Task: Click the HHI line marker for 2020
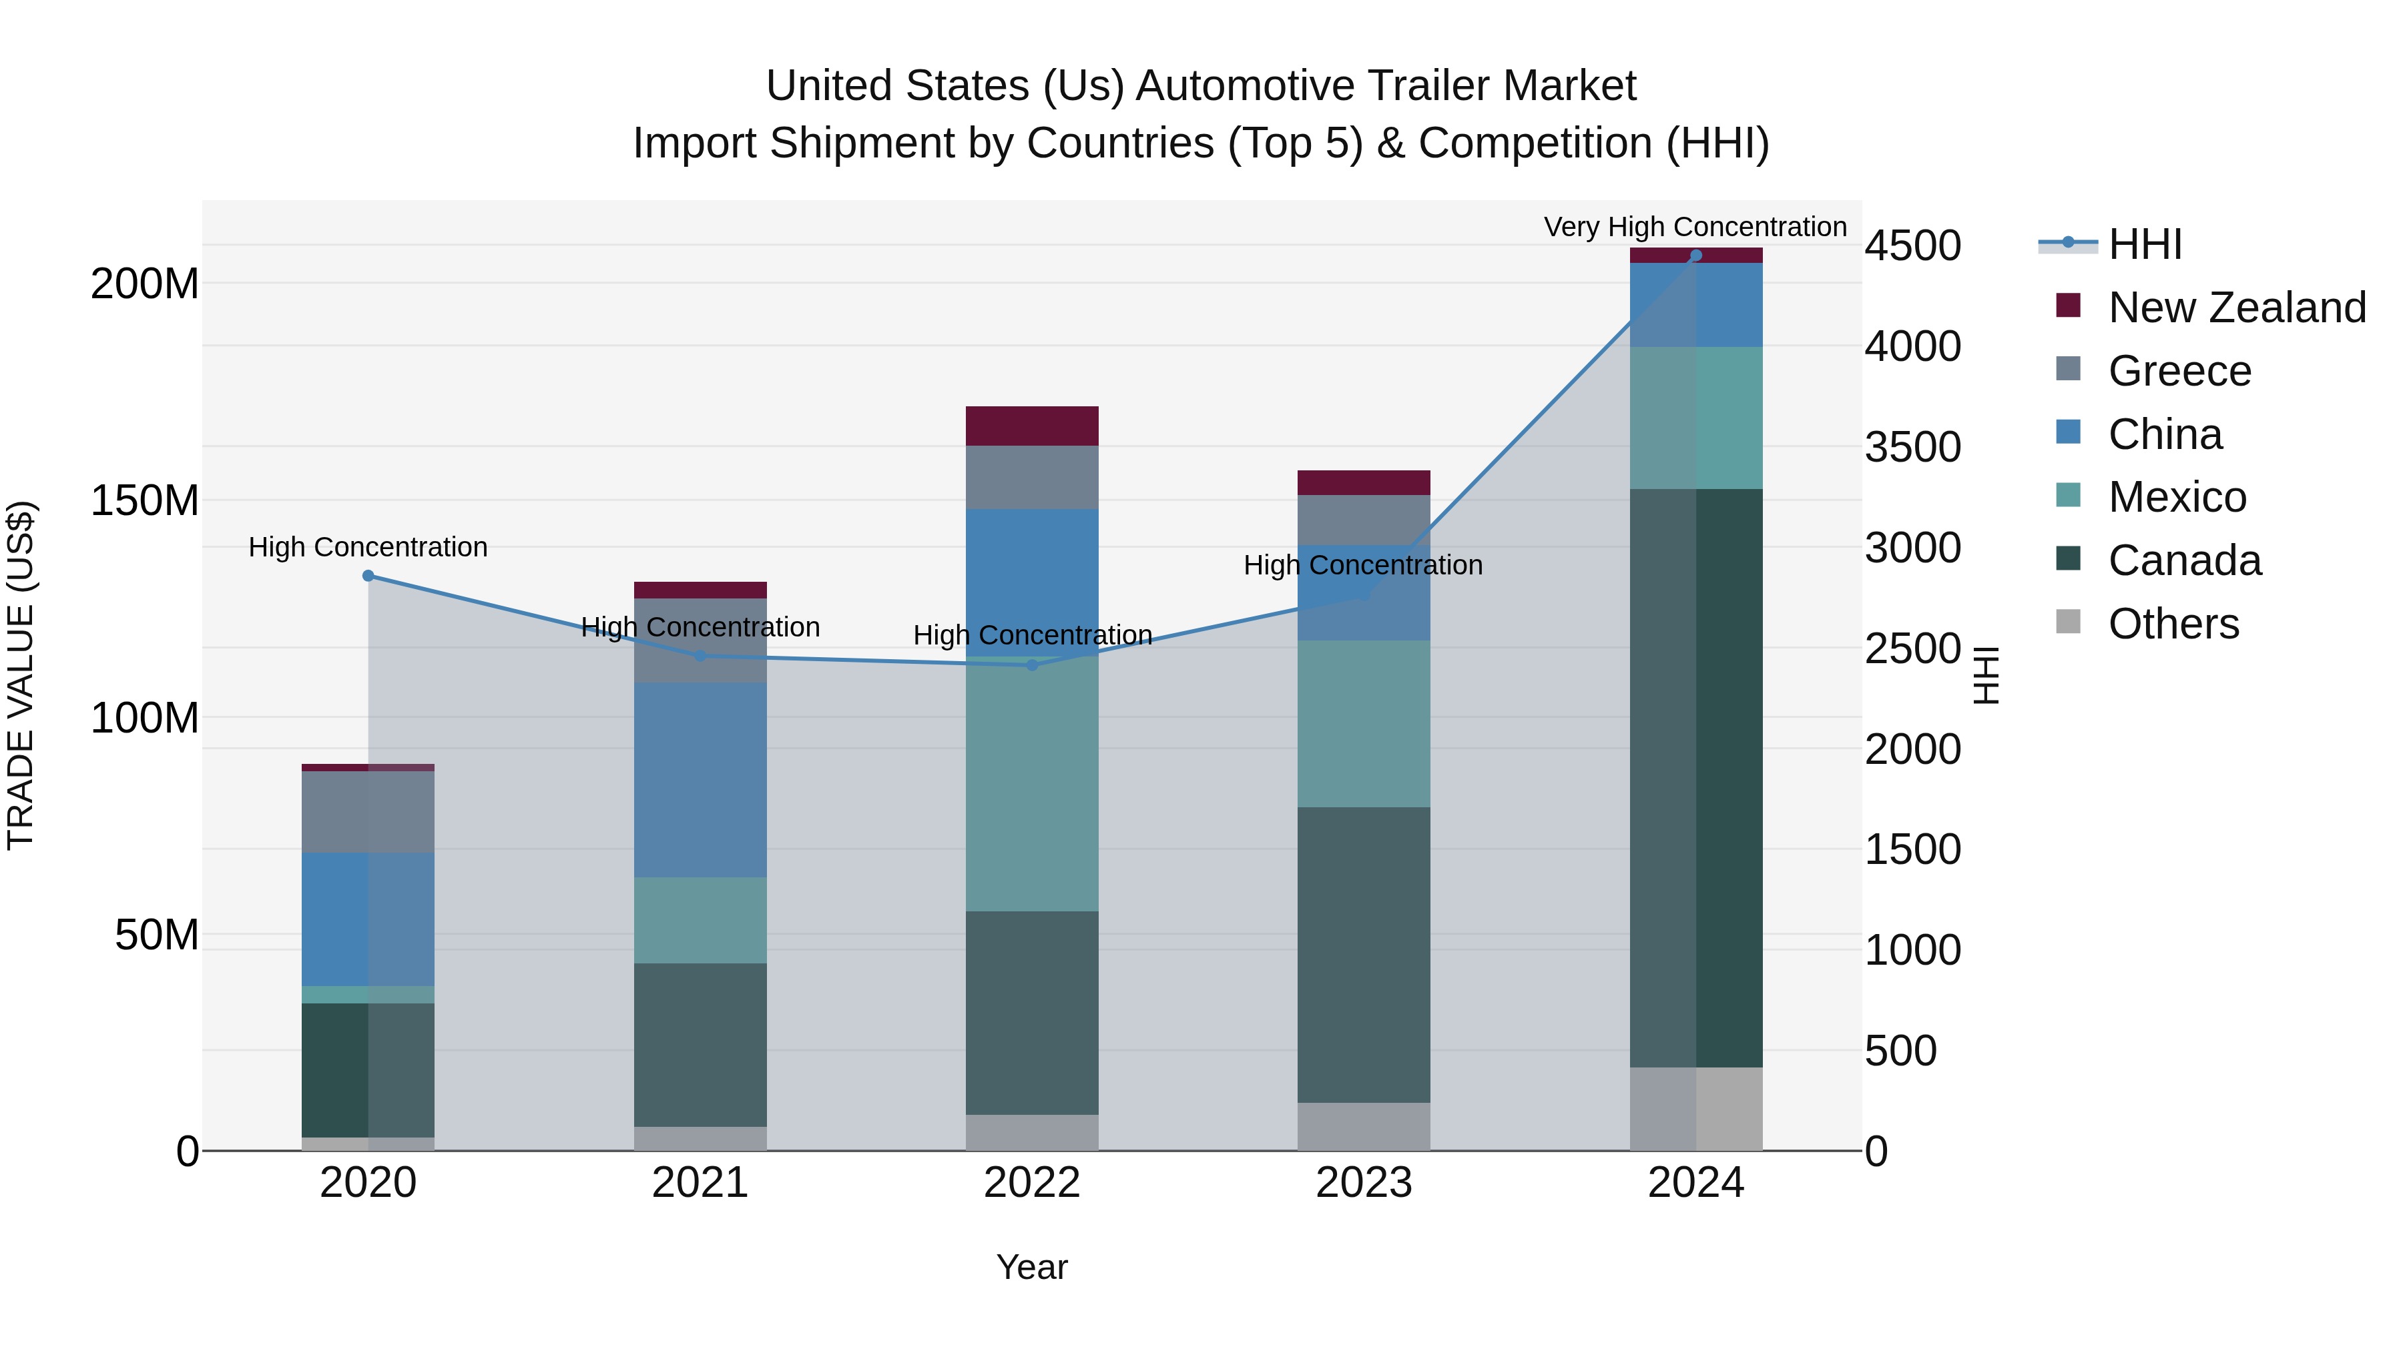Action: point(368,576)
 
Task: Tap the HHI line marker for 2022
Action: point(1032,664)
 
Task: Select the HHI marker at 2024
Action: point(1696,256)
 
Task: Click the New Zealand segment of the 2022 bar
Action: point(1032,426)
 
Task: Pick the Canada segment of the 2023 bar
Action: point(1364,955)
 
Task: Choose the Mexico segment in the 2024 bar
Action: point(1696,418)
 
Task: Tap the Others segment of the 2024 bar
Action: point(1696,1109)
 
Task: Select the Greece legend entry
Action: point(2179,371)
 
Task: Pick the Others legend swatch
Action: point(2068,622)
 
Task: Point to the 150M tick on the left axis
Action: point(145,500)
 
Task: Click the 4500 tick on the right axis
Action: point(1912,246)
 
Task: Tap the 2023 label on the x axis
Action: point(1364,1183)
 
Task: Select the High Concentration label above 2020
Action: point(368,547)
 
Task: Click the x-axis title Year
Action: point(1032,1267)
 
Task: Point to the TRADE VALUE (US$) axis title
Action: point(21,675)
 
